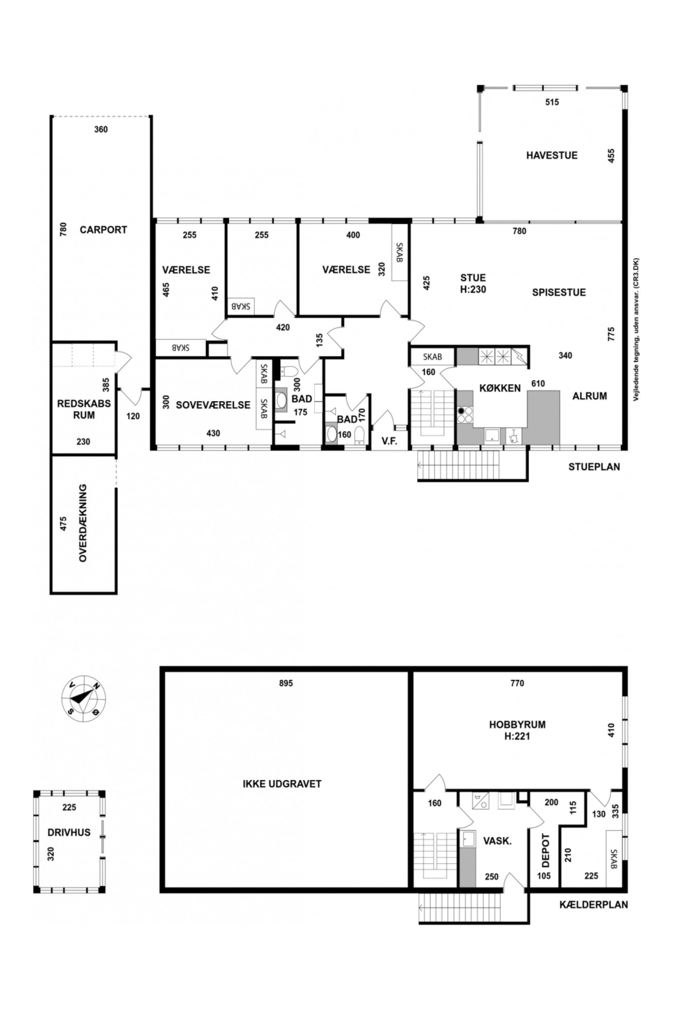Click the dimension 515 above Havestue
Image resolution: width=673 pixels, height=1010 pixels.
(552, 102)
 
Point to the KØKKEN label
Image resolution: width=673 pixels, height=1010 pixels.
(500, 388)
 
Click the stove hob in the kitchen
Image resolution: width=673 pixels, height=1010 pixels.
(465, 415)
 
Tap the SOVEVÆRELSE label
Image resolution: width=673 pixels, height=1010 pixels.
(213, 405)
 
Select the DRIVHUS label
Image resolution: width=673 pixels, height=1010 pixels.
(69, 832)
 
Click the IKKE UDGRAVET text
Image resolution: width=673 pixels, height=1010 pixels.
(282, 784)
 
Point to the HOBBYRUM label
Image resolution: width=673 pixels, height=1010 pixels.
(517, 725)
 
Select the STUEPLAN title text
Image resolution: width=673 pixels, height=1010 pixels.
(594, 467)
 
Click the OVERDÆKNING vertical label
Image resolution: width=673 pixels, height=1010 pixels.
(83, 523)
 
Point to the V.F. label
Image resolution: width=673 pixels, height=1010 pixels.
(389, 441)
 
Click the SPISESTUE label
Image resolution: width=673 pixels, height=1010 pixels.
(559, 293)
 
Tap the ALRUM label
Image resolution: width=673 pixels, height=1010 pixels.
(590, 396)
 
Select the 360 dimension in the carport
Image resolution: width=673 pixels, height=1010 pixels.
(101, 129)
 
